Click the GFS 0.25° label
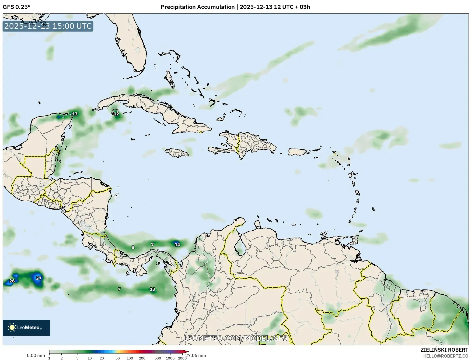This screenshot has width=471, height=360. coord(17,7)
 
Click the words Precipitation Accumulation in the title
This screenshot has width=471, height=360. coord(197,7)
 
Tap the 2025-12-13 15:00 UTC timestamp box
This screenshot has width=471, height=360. coord(48,26)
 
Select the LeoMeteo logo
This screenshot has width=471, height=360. coord(26,327)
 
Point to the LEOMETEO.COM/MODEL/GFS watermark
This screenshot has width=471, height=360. coord(235,338)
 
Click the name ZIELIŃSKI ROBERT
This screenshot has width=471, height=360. coord(444,350)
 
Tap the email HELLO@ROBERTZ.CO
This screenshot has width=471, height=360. coord(446,356)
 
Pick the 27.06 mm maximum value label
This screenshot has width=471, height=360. coord(196,356)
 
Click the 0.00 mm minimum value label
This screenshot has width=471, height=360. coord(36,356)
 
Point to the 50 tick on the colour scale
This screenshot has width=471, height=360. coord(118,358)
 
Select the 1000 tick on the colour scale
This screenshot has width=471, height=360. coord(170,358)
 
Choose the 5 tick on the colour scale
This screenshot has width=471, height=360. coord(77,358)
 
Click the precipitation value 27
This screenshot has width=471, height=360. coord(39,278)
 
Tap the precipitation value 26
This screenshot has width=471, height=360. coord(12,281)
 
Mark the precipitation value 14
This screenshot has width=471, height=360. coord(177,245)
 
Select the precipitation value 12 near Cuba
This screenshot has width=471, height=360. coord(116,114)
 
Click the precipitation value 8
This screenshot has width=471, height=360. coord(133,247)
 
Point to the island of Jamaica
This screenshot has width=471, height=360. coord(177,153)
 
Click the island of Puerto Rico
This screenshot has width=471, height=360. coord(298,152)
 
